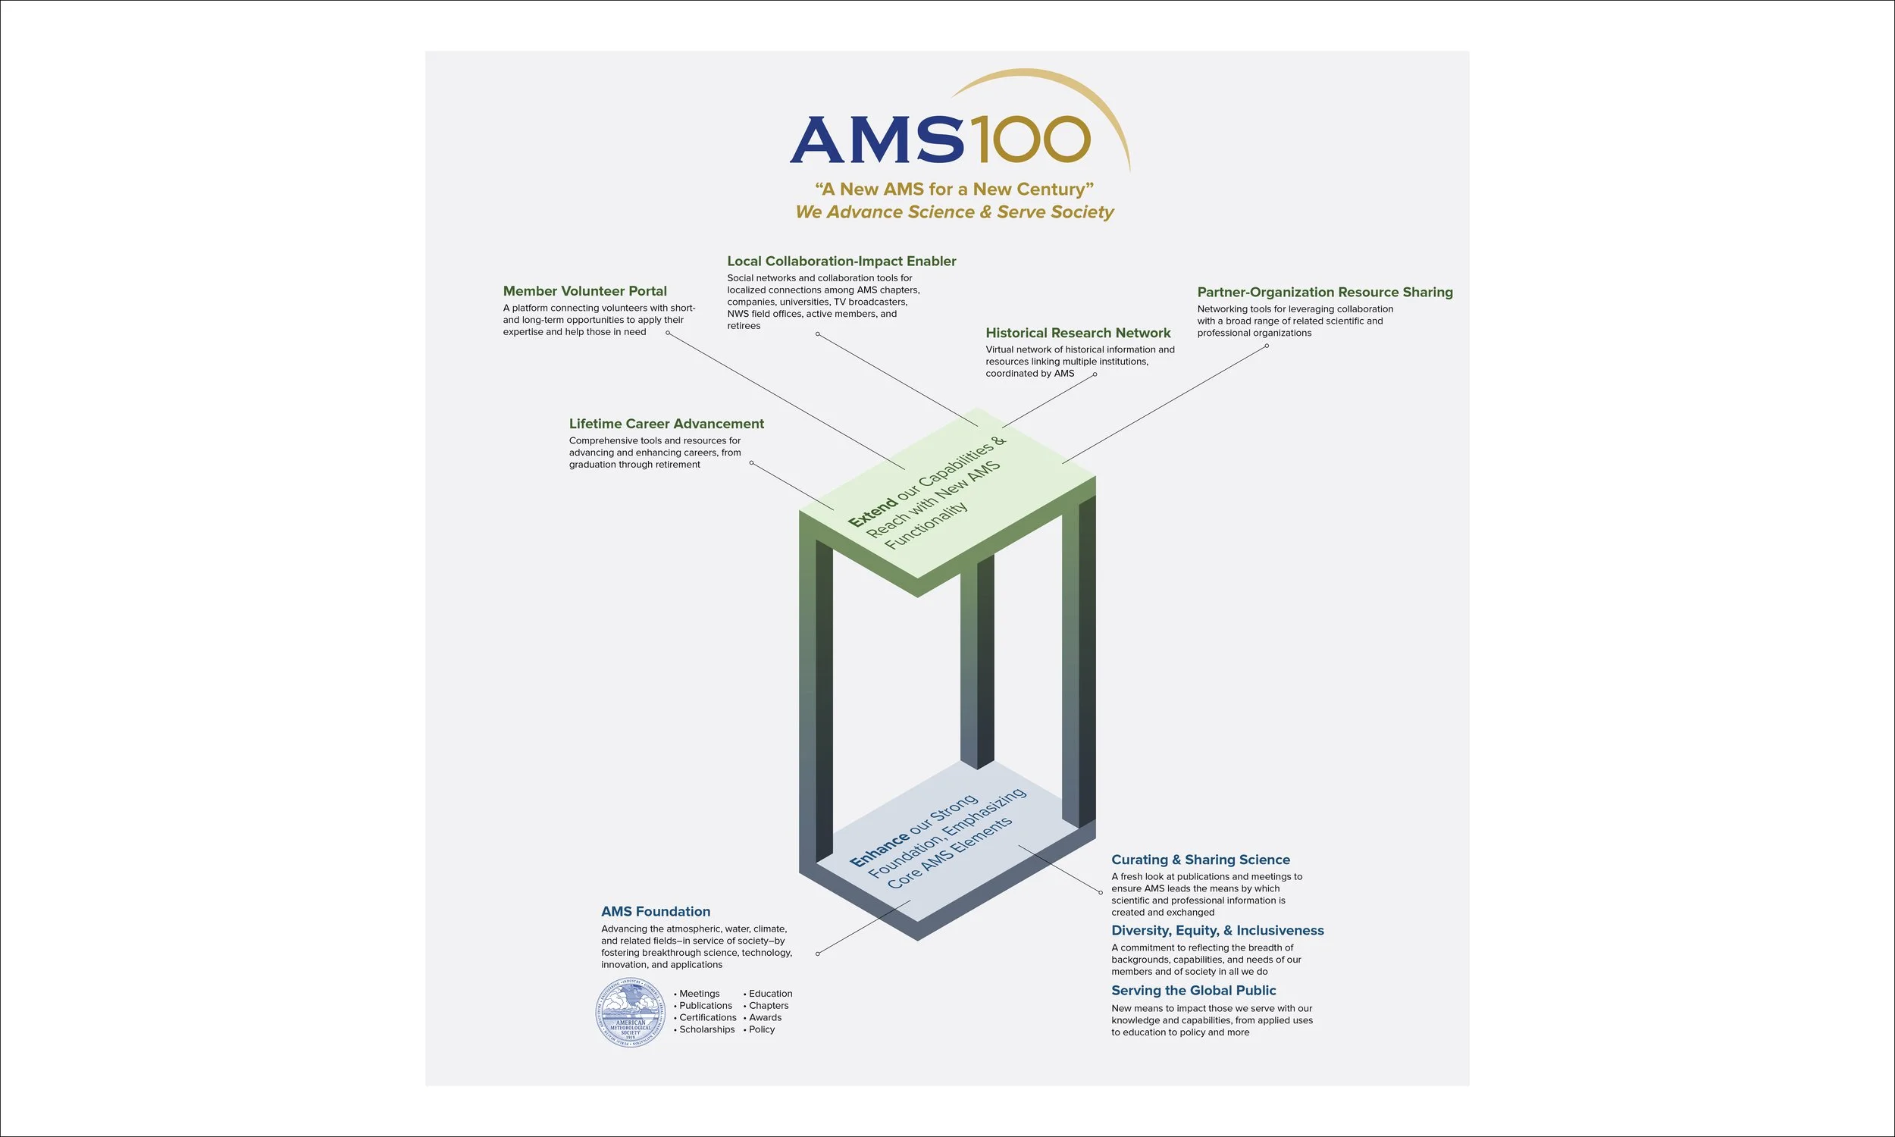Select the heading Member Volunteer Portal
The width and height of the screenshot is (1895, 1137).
pos(584,291)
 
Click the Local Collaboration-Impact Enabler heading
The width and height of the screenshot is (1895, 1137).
pos(841,262)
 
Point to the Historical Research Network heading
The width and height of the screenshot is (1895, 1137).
pos(1078,333)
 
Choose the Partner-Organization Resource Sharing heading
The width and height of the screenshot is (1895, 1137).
pos(1324,292)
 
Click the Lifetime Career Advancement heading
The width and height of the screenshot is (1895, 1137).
pos(666,424)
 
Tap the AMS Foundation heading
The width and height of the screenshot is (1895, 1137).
pos(656,911)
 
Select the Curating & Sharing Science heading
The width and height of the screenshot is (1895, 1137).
pos(1200,860)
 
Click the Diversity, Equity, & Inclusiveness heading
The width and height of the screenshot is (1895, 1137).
pos(1217,930)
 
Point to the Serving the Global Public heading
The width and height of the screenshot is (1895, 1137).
pos(1193,991)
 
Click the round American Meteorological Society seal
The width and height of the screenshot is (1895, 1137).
pos(631,1013)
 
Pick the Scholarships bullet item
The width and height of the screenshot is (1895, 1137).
pos(706,1029)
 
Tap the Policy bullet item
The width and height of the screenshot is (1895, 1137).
pos(761,1029)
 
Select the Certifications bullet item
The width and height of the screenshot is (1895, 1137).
pos(707,1017)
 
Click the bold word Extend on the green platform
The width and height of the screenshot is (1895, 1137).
pos(872,512)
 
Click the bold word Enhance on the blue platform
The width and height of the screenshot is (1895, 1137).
pos(879,850)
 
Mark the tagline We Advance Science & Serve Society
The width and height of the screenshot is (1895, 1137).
pos(954,212)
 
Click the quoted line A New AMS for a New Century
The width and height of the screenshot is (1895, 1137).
pos(954,189)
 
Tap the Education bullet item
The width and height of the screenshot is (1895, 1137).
pos(770,994)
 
